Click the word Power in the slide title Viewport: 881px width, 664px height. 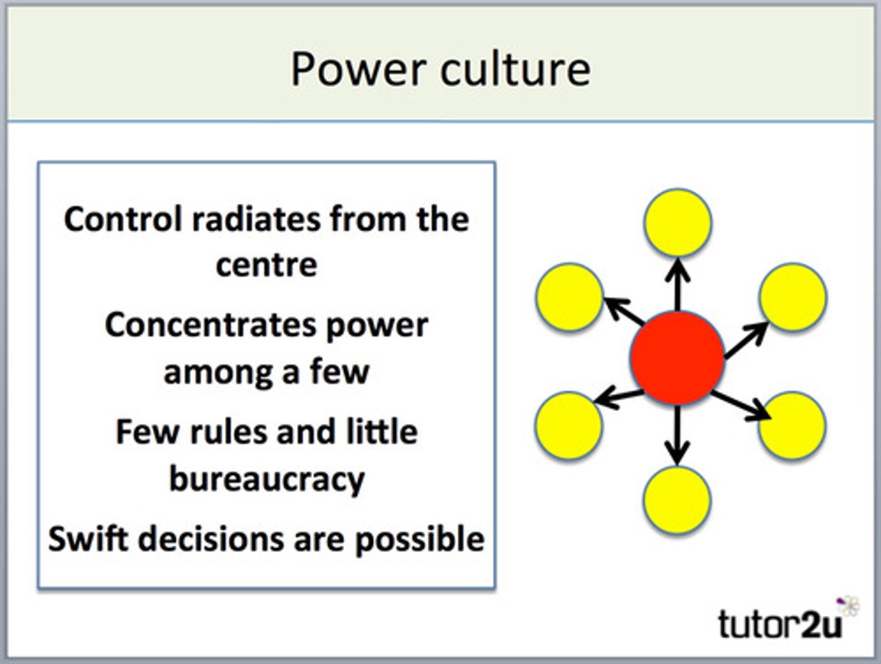[358, 69]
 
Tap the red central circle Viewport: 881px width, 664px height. [677, 358]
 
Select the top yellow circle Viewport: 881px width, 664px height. [677, 223]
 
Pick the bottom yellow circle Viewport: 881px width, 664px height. [677, 500]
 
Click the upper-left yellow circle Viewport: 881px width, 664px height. [570, 297]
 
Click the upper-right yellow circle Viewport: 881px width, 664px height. [793, 297]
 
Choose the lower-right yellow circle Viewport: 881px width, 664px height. [792, 425]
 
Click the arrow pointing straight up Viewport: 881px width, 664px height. [677, 285]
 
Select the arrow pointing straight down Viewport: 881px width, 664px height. [677, 435]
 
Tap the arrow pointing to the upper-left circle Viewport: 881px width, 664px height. [624, 311]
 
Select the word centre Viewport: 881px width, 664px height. [266, 265]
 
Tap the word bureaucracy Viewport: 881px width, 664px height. [266, 479]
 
